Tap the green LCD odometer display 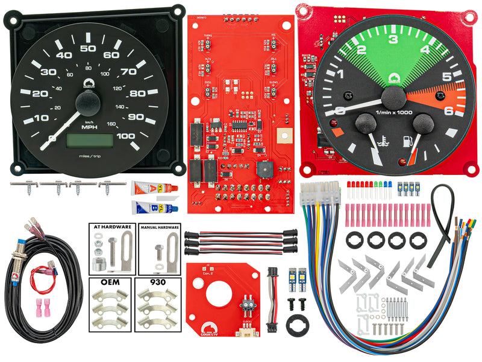pyautogui.click(x=90, y=140)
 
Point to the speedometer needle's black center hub pyautogui.click(x=87, y=104)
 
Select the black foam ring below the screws pyautogui.click(x=296, y=320)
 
